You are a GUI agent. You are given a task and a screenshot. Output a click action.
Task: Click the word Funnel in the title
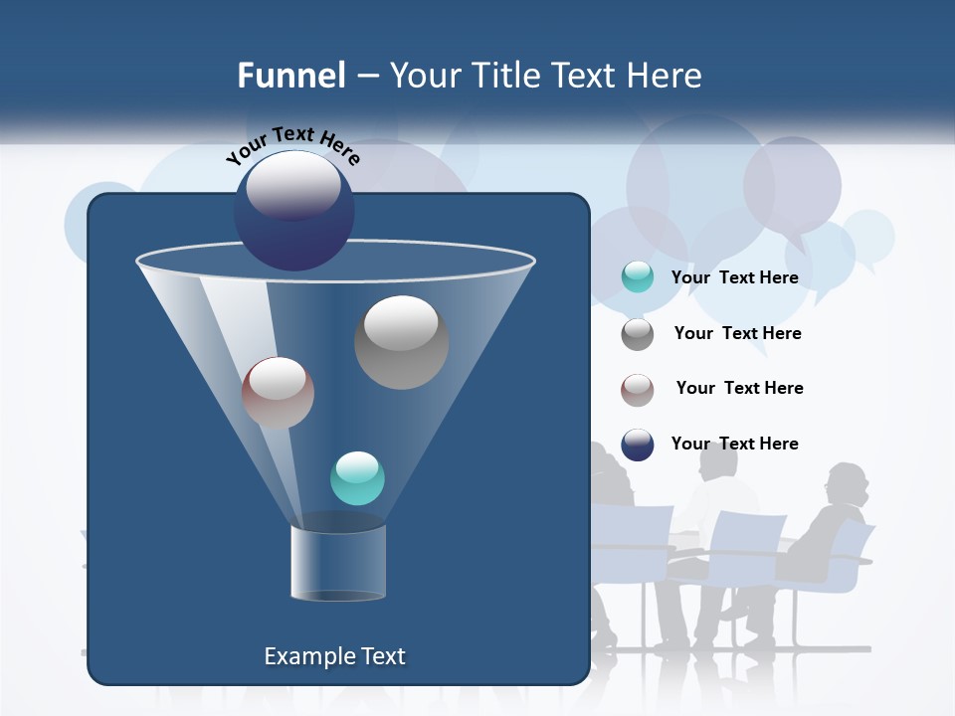(290, 76)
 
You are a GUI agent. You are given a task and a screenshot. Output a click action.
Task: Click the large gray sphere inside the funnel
(401, 341)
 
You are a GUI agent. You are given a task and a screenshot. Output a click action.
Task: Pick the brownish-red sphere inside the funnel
(278, 393)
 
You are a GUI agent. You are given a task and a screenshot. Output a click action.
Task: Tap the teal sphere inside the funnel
(357, 478)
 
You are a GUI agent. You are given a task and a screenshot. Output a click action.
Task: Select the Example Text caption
(334, 656)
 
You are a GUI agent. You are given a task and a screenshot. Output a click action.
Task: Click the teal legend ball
(637, 277)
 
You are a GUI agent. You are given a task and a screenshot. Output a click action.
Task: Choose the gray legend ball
(637, 334)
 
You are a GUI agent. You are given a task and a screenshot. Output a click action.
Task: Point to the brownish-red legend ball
(637, 390)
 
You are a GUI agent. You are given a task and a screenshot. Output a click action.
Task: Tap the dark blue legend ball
(637, 445)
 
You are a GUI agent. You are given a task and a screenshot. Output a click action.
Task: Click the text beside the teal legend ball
(734, 277)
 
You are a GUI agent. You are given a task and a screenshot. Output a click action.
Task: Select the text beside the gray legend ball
(737, 333)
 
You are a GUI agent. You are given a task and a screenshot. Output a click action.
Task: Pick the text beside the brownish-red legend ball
(739, 388)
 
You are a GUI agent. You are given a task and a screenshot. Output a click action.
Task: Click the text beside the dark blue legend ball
(734, 444)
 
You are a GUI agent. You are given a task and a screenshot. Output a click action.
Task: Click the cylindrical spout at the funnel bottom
(337, 562)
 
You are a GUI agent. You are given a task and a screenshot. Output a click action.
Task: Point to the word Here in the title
(665, 76)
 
